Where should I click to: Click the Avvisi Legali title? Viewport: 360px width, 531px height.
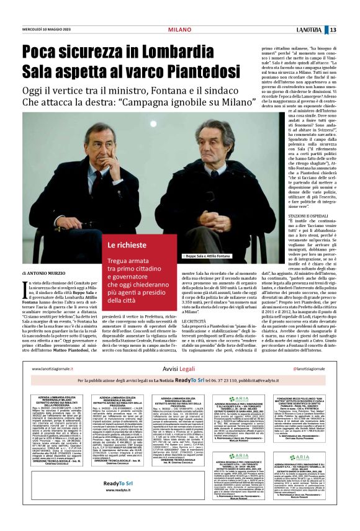point(180,386)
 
